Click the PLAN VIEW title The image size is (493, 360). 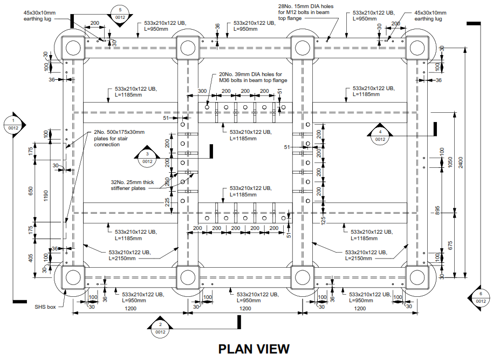(254, 349)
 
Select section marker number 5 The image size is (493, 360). (120, 13)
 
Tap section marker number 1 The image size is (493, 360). (13, 124)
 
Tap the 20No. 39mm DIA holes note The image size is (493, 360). (249, 77)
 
